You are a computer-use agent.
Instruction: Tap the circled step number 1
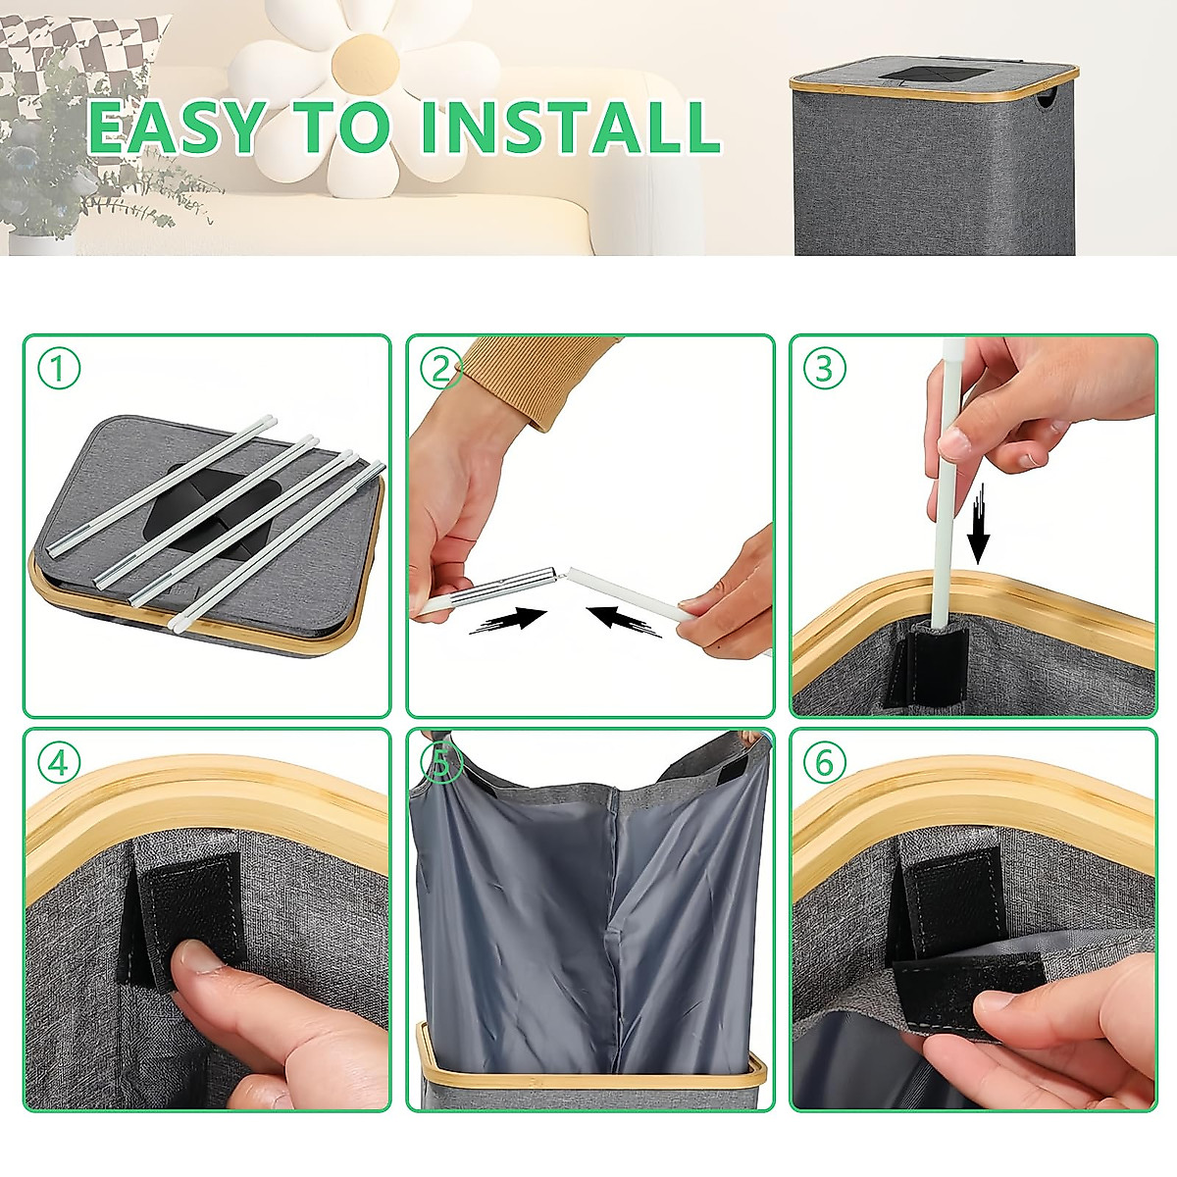click(59, 369)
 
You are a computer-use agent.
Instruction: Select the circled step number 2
click(441, 369)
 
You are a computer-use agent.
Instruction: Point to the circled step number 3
click(824, 369)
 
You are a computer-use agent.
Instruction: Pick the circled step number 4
click(59, 762)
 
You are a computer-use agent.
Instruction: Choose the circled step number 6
click(824, 762)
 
